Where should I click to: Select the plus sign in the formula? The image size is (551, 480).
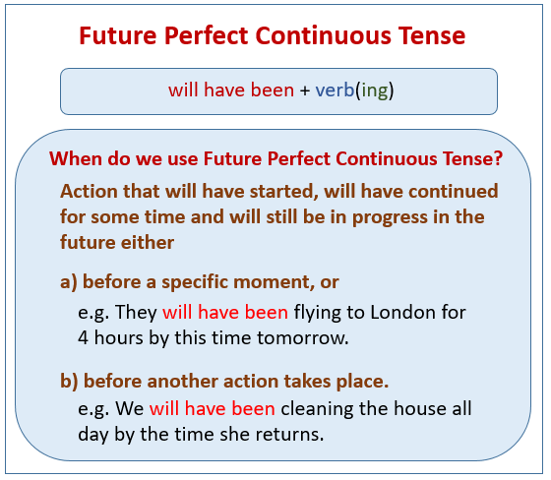pyautogui.click(x=305, y=90)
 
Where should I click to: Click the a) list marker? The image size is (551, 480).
pyautogui.click(x=69, y=282)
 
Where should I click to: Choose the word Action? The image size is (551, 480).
pyautogui.click(x=88, y=191)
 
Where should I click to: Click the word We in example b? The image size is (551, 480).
pyautogui.click(x=131, y=406)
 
